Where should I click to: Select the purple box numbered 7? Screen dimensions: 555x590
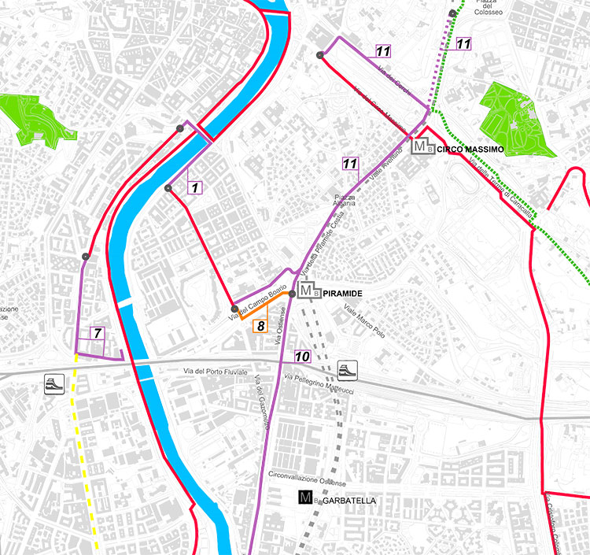coord(97,333)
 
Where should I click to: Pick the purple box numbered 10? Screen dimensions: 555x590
coord(302,356)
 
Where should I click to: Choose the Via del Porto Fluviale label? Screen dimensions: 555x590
coord(215,371)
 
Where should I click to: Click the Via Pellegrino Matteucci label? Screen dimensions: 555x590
coord(320,379)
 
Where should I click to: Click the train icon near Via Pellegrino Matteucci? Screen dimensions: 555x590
coord(347,369)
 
